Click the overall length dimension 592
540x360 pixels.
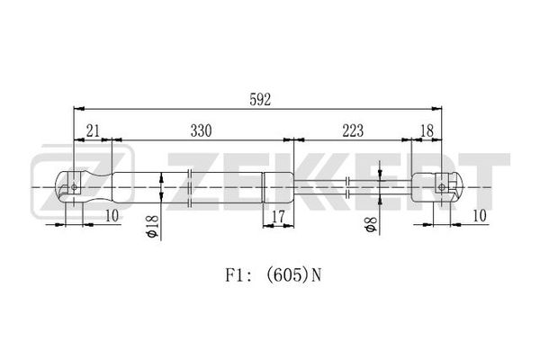coord(260,100)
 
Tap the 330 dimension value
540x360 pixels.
coord(201,130)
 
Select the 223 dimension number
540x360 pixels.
coord(353,130)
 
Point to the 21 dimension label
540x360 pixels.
coord(93,130)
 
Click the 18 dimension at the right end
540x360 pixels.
coord(427,130)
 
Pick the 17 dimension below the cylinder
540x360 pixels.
coord(278,217)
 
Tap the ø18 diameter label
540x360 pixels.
coord(152,226)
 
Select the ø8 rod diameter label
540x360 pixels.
coord(372,224)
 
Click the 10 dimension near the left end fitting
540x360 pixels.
coord(112,216)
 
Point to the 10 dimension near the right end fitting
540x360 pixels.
coord(480,216)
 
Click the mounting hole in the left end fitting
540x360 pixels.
coord(74,187)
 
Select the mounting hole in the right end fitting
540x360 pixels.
coord(441,187)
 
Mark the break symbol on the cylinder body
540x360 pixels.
coord(189,188)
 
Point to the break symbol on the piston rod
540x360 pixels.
coord(347,187)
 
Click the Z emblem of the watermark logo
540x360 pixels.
coord(82,184)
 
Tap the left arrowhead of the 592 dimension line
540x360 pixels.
coord(79,109)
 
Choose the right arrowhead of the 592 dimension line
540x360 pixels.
coord(436,109)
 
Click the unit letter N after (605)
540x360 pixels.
coord(316,275)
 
